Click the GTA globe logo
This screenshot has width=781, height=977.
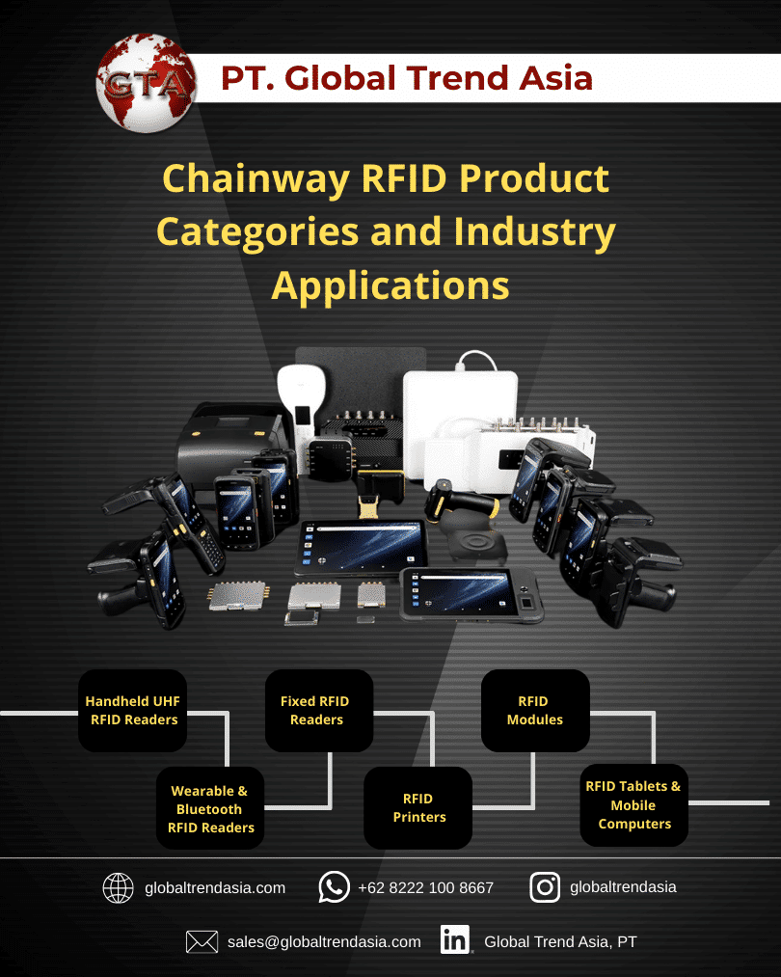pos(144,81)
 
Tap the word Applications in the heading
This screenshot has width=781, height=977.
pos(390,285)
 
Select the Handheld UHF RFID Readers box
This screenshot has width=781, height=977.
pos(132,711)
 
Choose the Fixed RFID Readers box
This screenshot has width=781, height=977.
pos(318,711)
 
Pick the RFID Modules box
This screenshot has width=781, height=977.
pos(534,711)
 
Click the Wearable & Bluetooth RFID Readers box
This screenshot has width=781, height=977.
pos(210,808)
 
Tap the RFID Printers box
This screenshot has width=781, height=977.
pos(418,808)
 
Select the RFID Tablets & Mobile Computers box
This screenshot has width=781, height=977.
pos(633,804)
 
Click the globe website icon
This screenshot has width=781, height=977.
pos(118,887)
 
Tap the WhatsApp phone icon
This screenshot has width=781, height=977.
pos(334,887)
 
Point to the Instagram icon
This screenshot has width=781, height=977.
pos(545,887)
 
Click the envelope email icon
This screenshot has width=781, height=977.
pos(202,941)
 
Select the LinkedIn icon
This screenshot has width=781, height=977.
pos(455,940)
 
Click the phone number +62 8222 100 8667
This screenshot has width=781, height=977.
pos(425,887)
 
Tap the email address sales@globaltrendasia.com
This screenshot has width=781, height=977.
pos(324,941)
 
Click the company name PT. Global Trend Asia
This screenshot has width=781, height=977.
pos(406,78)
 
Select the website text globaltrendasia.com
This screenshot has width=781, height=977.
pos(214,887)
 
